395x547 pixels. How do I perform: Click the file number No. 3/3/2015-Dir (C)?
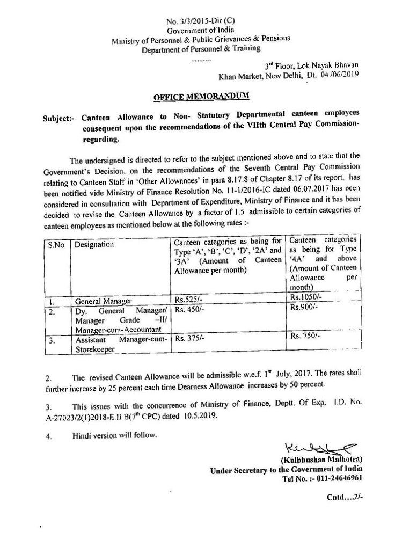click(x=195, y=21)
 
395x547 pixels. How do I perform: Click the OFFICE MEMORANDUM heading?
click(x=193, y=97)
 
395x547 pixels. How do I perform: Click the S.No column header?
click(x=55, y=244)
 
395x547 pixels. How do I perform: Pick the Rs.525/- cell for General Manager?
click(x=188, y=300)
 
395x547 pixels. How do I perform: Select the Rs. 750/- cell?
click(x=305, y=336)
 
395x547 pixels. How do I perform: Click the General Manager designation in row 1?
click(x=104, y=301)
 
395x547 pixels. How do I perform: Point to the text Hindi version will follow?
click(x=115, y=435)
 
